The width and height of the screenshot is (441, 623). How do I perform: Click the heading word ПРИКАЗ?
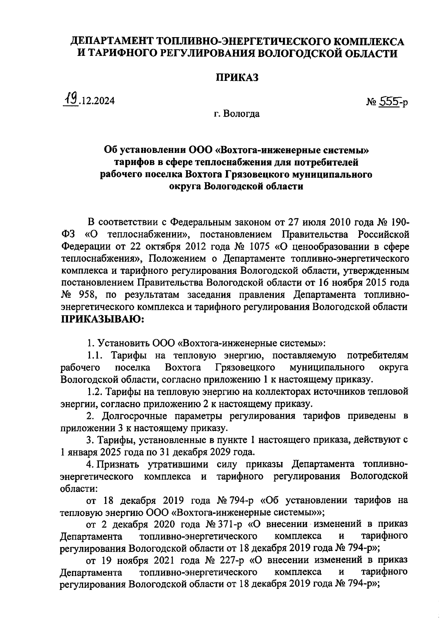pos(237,78)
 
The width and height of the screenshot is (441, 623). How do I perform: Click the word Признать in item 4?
pos(118,465)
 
